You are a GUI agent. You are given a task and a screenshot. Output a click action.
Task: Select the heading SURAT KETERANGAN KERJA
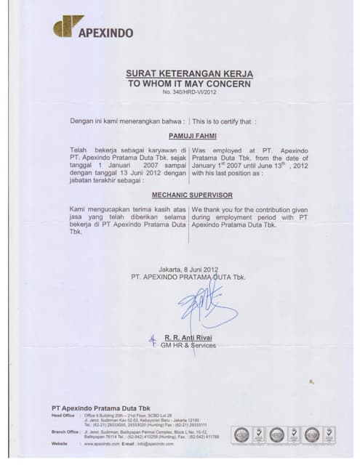(x=189, y=74)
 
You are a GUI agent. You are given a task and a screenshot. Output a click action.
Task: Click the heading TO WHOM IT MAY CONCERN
(x=189, y=84)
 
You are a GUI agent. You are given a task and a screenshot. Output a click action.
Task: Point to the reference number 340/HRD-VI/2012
(x=189, y=94)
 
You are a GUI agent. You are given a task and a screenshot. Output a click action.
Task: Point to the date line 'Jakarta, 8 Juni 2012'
(x=188, y=270)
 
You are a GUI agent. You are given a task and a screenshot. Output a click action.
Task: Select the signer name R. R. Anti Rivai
(x=188, y=338)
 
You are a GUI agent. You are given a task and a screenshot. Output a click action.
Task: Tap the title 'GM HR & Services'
(x=190, y=346)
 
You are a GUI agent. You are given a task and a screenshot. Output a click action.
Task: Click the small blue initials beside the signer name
(x=153, y=339)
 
